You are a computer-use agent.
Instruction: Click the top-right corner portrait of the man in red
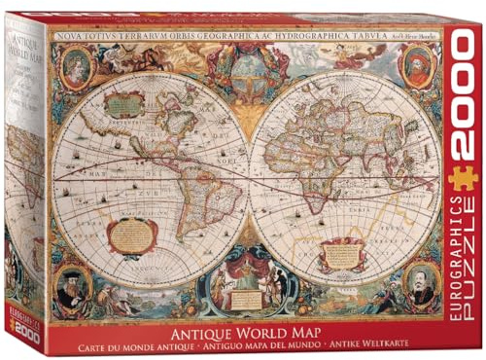click(x=415, y=64)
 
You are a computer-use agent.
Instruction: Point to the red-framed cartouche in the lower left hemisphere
click(x=132, y=234)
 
